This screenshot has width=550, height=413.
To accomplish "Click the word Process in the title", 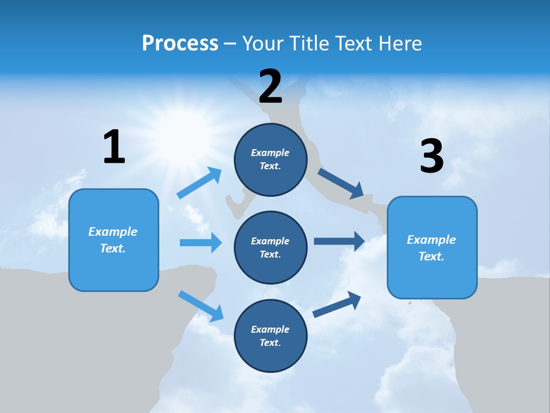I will pos(180,44).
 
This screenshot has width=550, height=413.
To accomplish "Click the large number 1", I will pos(114,147).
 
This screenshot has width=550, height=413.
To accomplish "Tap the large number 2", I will pos(270,87).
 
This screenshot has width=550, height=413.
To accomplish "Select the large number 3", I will pos(431,157).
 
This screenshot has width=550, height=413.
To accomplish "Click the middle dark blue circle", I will pos(270,247).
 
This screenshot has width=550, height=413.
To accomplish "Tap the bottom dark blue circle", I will pos(270,336).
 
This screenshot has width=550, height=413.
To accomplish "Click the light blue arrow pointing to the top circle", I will pos(199,183).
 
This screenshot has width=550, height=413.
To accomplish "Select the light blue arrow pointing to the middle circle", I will pos(201,243).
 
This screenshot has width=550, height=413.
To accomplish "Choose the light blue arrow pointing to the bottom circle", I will pos(201,306).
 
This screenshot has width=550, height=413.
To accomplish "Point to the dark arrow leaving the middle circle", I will pos(339,241).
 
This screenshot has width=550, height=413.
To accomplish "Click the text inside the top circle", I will pos(270,159).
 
